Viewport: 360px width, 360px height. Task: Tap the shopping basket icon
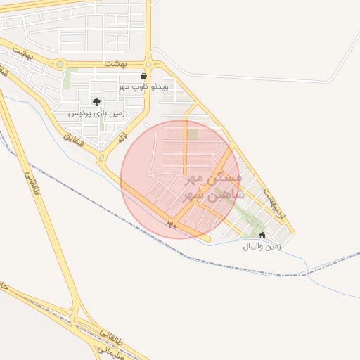click(144, 76)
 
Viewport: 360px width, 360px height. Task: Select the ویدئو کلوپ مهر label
click(143, 86)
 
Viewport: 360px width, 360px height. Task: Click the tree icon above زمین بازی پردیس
click(96, 102)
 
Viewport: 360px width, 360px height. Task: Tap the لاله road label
click(123, 136)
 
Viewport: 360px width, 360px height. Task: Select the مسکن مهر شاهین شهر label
click(213, 186)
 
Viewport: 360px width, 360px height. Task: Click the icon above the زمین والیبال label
click(262, 236)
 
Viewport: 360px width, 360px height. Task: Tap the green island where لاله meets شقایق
click(101, 158)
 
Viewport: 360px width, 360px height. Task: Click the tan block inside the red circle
click(192, 134)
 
